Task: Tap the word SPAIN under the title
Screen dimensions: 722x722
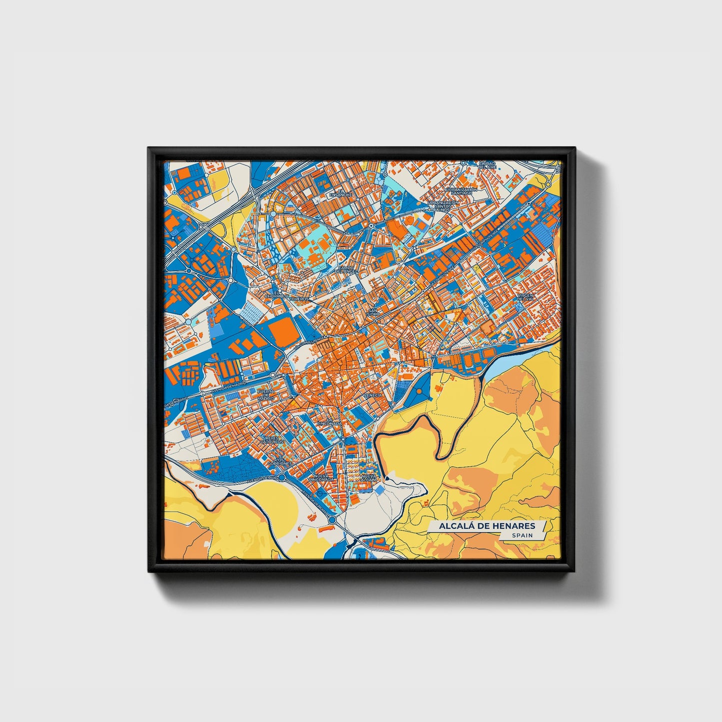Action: [522, 535]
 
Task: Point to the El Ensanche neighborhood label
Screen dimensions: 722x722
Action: [344, 193]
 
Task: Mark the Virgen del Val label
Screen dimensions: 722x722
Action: [526, 297]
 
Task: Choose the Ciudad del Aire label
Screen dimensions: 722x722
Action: [487, 165]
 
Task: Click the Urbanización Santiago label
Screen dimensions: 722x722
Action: [459, 191]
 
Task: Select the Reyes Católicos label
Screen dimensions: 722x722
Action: [274, 440]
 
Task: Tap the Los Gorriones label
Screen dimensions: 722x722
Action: [279, 462]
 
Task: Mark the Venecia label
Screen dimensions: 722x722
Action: [373, 395]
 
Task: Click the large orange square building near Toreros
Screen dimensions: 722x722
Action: [282, 331]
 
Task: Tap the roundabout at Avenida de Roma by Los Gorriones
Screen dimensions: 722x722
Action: [282, 478]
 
